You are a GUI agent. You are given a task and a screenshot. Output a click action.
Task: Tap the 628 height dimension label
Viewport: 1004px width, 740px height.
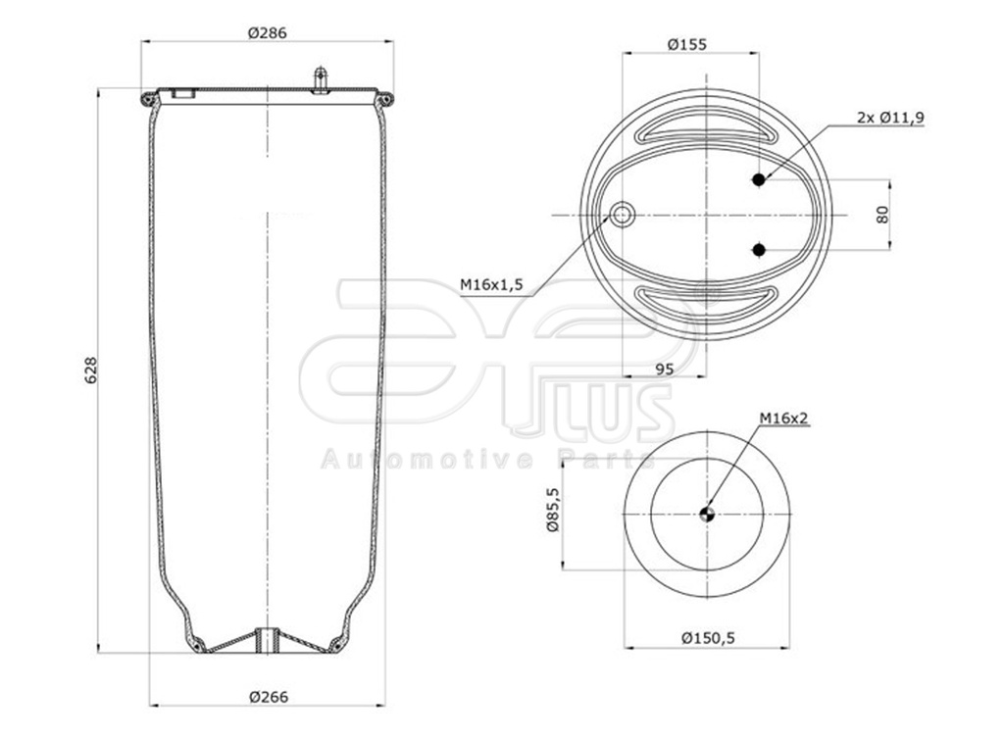pyautogui.click(x=92, y=370)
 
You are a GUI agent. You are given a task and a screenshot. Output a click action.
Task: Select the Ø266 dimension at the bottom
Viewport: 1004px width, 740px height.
pyautogui.click(x=268, y=697)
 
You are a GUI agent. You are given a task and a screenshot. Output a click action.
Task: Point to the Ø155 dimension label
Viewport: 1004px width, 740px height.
pyautogui.click(x=686, y=44)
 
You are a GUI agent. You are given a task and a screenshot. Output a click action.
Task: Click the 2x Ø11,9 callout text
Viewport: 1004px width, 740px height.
pyautogui.click(x=890, y=117)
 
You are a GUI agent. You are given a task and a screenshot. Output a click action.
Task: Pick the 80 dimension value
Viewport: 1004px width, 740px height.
pyautogui.click(x=882, y=214)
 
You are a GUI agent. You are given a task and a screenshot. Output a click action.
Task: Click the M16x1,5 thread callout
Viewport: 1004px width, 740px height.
pyautogui.click(x=493, y=284)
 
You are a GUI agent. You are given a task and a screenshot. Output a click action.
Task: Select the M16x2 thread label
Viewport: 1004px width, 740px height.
pyautogui.click(x=783, y=419)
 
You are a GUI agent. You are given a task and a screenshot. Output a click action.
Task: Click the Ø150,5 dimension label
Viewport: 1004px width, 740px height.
pyautogui.click(x=708, y=638)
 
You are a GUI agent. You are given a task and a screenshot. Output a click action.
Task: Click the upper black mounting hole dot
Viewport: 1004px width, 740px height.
pyautogui.click(x=758, y=179)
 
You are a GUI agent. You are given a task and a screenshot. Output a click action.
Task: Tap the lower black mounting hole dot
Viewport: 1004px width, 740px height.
pyautogui.click(x=758, y=250)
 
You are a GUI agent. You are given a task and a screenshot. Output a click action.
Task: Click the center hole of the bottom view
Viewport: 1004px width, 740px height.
pyautogui.click(x=707, y=513)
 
